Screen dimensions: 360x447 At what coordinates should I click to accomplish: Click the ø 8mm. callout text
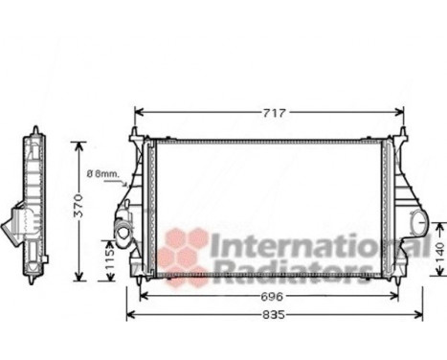[x=102, y=174]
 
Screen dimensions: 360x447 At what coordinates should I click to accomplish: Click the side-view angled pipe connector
[x=16, y=226]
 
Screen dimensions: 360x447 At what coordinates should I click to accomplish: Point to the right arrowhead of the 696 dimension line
[x=397, y=298]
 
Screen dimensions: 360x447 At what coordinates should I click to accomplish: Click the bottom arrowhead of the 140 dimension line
[x=439, y=281]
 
